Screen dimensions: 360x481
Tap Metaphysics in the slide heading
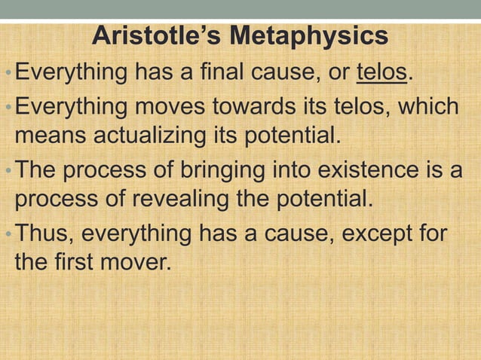coord(308,35)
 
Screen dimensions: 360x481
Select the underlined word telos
coord(381,74)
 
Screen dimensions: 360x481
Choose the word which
coord(428,105)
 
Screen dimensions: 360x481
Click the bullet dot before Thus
coord(8,234)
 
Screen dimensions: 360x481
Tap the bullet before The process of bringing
coord(8,171)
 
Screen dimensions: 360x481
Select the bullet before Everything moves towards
coord(8,107)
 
